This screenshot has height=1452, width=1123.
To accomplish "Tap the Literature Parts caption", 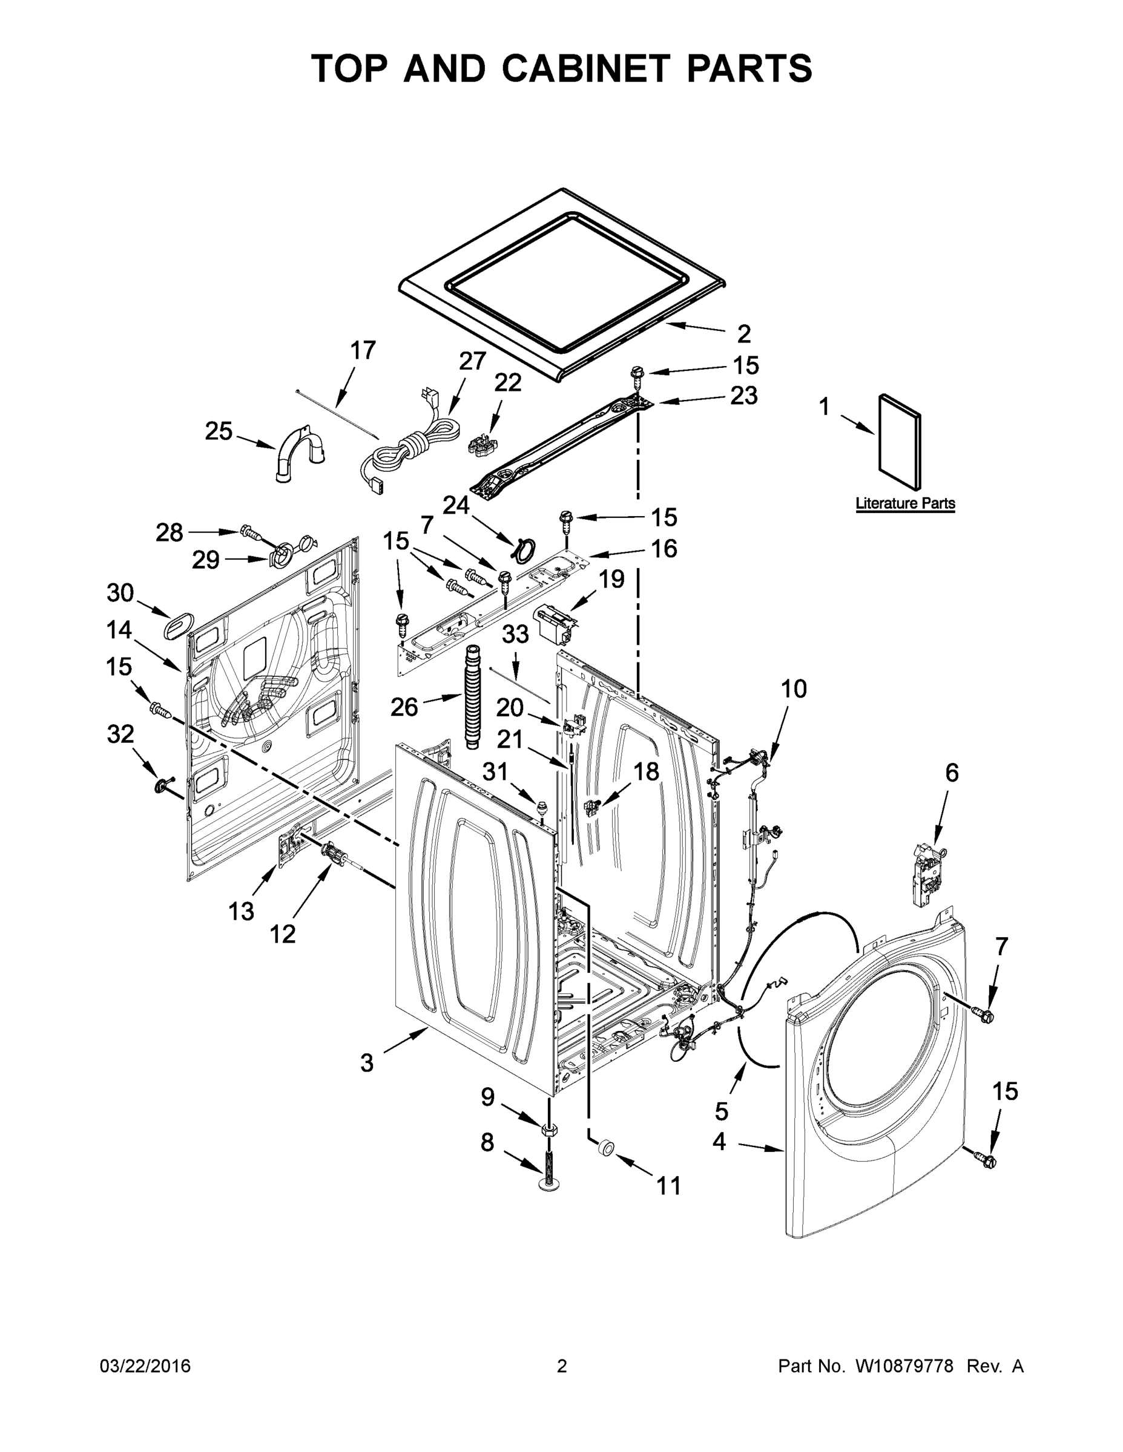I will pyautogui.click(x=905, y=503).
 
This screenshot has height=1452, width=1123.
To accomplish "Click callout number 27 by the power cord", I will pyautogui.click(x=472, y=361).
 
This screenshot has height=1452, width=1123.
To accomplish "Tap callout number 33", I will pyautogui.click(x=515, y=633).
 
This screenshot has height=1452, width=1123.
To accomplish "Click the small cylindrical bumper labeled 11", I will pyautogui.click(x=606, y=1148).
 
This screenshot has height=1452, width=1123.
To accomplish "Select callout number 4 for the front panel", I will pyautogui.click(x=719, y=1142).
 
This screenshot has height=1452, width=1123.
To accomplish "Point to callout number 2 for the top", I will pyautogui.click(x=744, y=333).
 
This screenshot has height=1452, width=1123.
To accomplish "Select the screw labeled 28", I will pyautogui.click(x=249, y=532).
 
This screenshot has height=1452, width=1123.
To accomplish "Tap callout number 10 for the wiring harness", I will pyautogui.click(x=793, y=688).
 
